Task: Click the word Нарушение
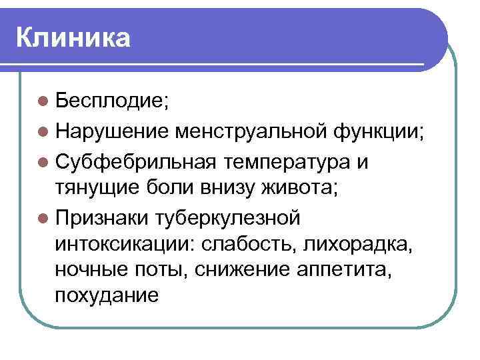tap(113, 131)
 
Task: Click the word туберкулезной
tap(229, 217)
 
